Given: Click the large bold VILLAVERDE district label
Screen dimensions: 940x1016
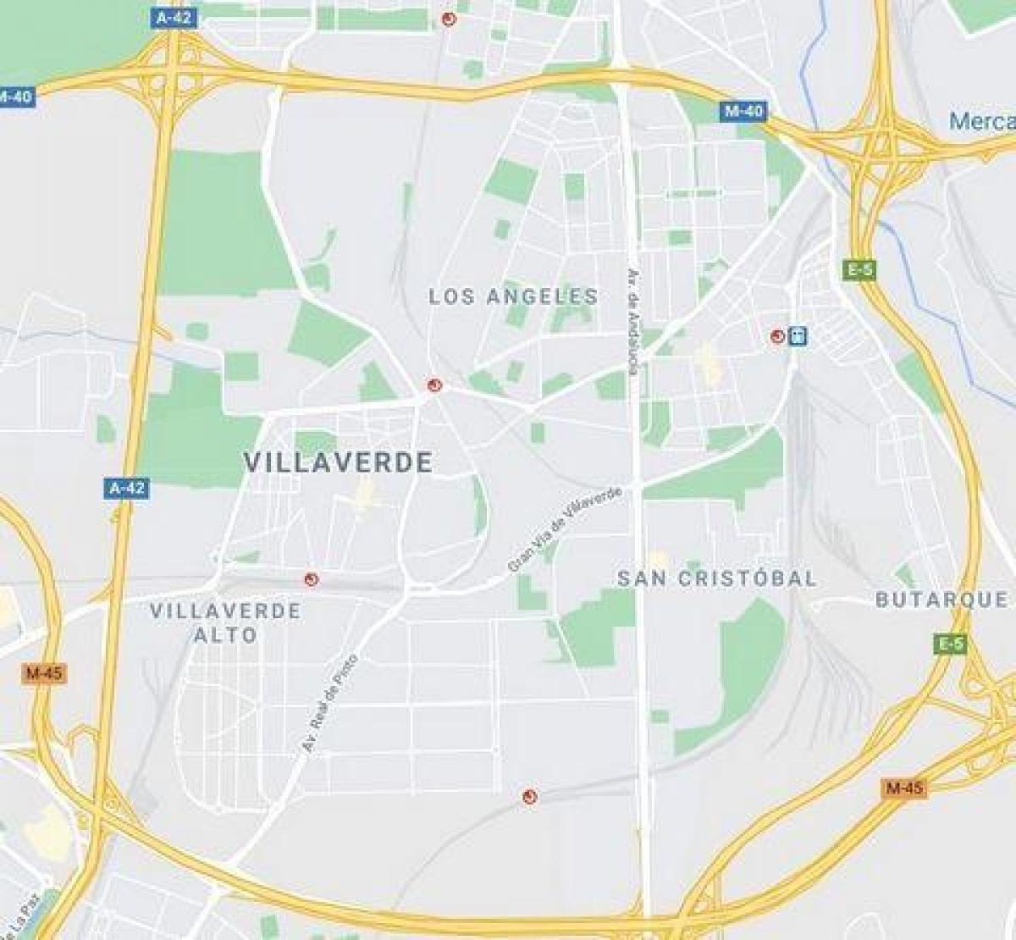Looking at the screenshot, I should click(x=339, y=462).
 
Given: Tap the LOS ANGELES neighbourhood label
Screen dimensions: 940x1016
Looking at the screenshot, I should click(x=513, y=296).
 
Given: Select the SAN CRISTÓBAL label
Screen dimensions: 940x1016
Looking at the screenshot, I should click(x=717, y=578).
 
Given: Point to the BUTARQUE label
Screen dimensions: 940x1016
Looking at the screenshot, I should click(x=941, y=600).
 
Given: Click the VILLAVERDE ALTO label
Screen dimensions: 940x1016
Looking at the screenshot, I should click(x=225, y=622).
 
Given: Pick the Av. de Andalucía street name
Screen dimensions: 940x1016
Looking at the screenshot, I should click(x=632, y=321).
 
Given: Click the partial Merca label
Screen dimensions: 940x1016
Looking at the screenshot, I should click(x=982, y=121).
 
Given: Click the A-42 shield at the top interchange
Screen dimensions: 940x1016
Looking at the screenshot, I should click(x=174, y=17).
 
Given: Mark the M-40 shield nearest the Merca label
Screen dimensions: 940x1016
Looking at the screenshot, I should click(x=744, y=111).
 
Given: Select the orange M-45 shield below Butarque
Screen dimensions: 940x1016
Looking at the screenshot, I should click(x=904, y=788).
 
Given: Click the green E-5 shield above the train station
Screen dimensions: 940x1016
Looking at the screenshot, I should click(x=859, y=270).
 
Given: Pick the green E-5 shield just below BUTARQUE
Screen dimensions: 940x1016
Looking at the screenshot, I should click(x=950, y=644).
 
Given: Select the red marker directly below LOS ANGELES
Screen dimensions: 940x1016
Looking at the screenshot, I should click(x=435, y=385).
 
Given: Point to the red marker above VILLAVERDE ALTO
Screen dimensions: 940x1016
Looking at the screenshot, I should click(x=312, y=579).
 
